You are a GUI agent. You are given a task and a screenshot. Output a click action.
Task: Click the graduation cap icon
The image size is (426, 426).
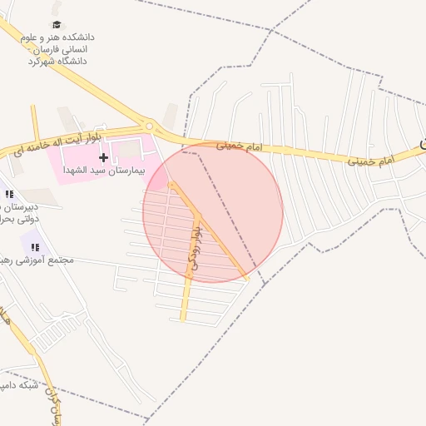pyautogui.click(x=57, y=25)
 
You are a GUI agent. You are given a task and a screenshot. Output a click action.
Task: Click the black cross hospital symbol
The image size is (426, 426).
pyautogui.click(x=103, y=157)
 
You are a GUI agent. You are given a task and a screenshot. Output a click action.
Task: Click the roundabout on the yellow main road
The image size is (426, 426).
pyautogui.click(x=150, y=126)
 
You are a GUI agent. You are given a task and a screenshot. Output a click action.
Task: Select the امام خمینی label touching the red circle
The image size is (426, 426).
pyautogui.click(x=239, y=146)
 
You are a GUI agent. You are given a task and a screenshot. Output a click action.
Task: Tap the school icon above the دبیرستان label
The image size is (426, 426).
pyautogui.click(x=9, y=194)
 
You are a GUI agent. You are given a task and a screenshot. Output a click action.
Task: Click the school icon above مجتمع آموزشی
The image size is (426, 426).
pyautogui.click(x=35, y=246)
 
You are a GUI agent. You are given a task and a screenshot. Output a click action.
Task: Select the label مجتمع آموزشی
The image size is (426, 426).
pyautogui.click(x=47, y=260)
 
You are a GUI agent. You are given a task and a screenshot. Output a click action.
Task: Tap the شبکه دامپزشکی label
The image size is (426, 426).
pyautogui.click(x=18, y=385)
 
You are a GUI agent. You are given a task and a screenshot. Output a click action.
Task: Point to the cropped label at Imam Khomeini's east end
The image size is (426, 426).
pyautogui.click(x=422, y=145)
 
